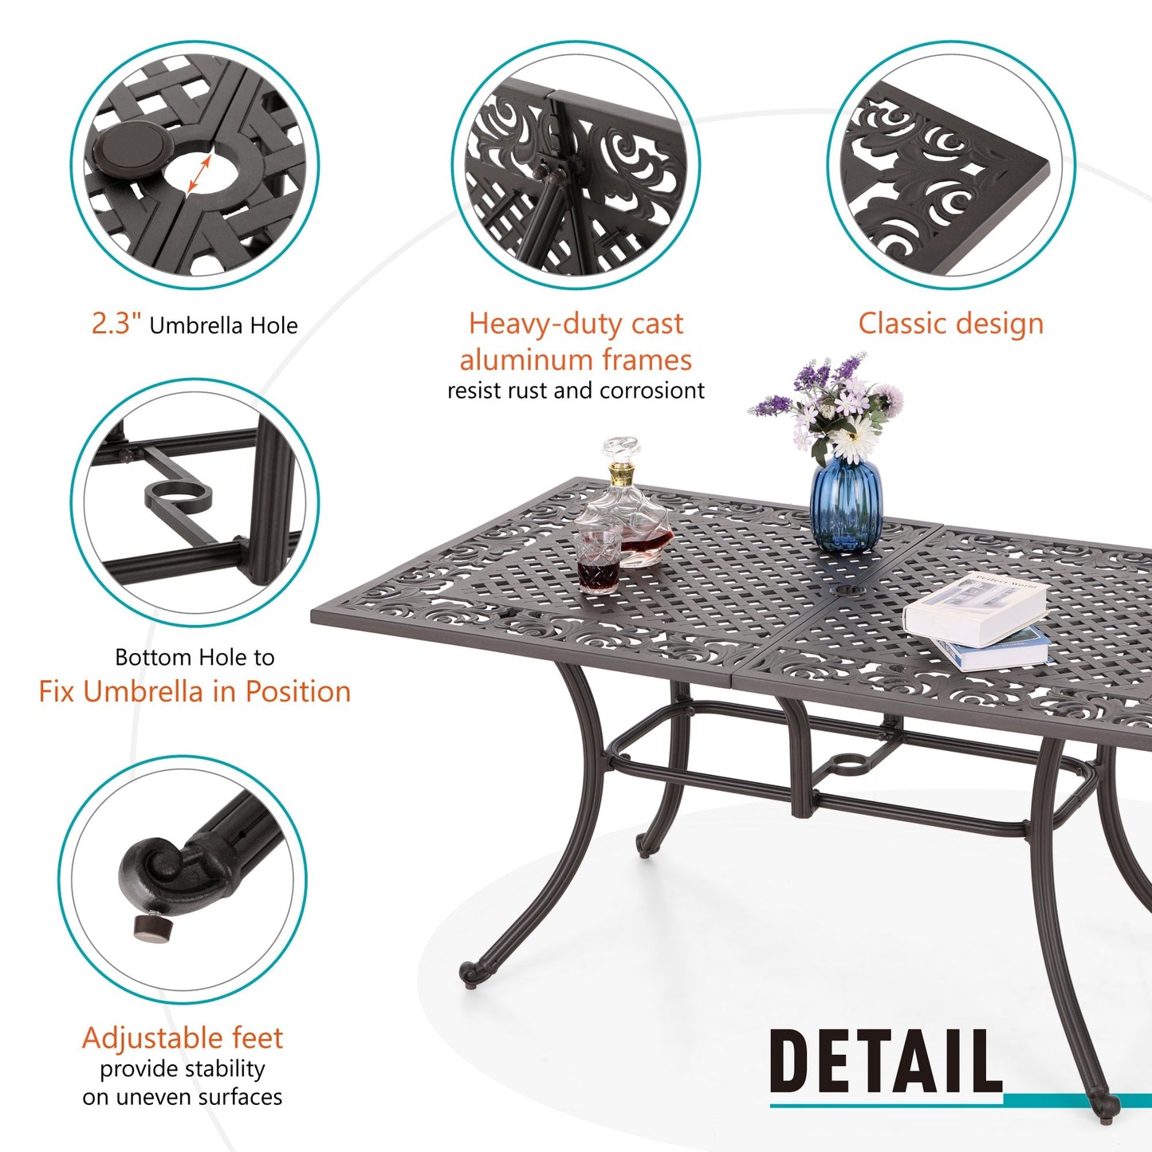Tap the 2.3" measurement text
tap(116, 324)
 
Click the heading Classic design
tap(950, 324)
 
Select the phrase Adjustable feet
tap(183, 1038)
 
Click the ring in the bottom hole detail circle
tap(181, 499)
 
